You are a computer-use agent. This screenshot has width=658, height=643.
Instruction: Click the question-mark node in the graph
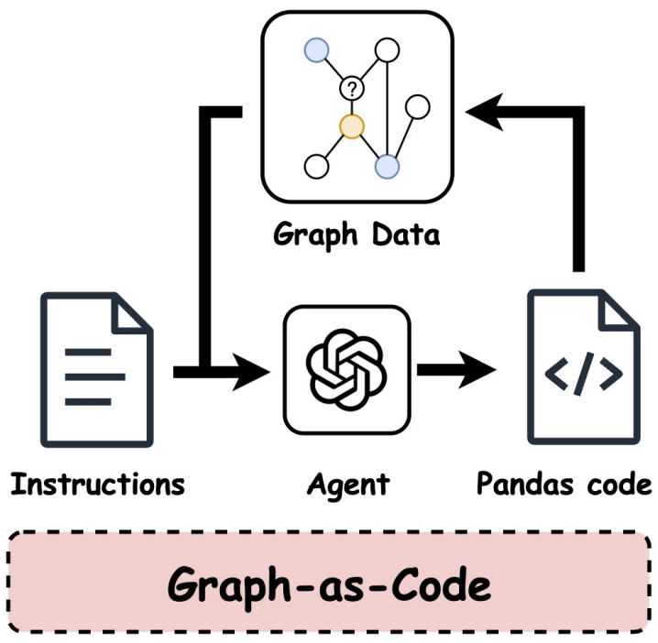point(351,89)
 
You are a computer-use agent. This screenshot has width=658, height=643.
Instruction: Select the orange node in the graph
point(351,126)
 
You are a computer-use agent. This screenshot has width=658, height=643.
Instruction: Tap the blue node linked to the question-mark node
point(317,49)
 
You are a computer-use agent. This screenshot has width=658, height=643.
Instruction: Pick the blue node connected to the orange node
point(388,166)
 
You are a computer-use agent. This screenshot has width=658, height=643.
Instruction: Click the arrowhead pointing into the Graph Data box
point(484,113)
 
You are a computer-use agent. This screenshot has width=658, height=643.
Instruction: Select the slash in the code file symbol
point(584,373)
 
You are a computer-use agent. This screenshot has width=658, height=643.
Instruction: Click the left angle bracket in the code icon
point(558,373)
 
